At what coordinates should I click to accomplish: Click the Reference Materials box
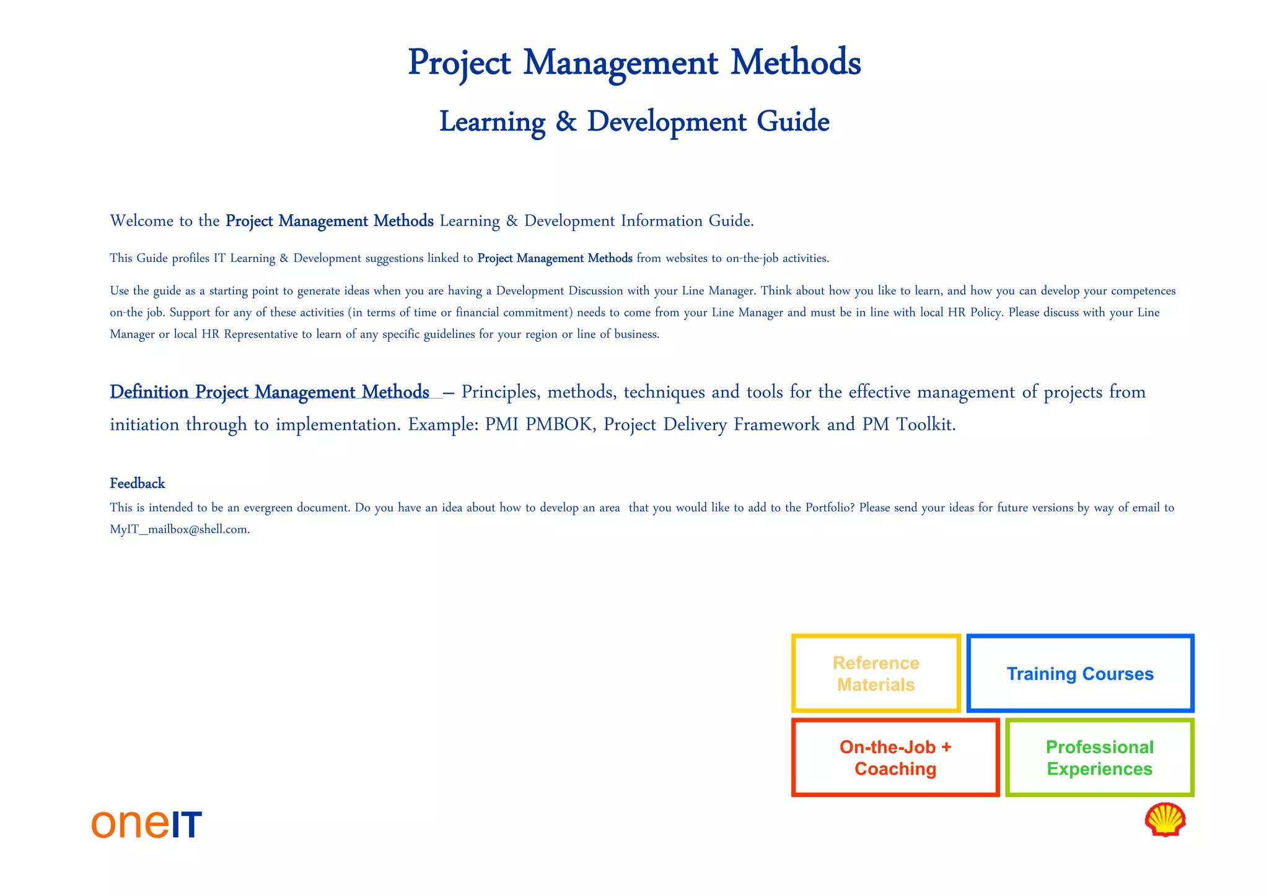point(876,674)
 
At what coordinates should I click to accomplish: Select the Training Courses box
point(1080,674)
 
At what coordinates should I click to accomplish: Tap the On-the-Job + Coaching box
point(895,758)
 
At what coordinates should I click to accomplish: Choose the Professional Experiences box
point(1099,758)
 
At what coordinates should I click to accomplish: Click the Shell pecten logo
point(1165,820)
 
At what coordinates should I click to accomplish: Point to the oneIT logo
point(147,824)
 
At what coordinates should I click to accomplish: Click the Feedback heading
point(138,483)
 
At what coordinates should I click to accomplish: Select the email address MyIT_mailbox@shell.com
point(180,529)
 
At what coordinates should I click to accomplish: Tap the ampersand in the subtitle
point(566,121)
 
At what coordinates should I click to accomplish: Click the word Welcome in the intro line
point(141,221)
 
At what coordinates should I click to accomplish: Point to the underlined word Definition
point(149,392)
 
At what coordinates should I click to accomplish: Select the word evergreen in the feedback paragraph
point(268,508)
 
